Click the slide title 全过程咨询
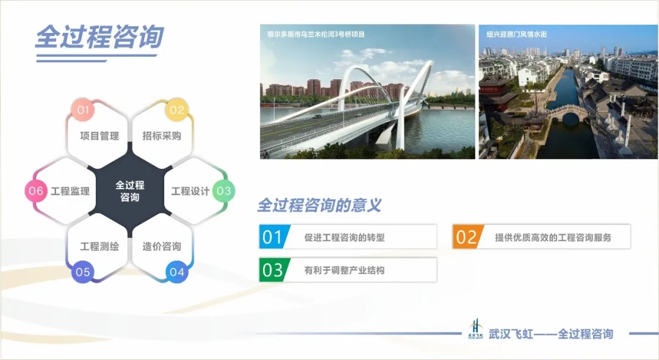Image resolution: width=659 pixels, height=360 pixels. (99, 37)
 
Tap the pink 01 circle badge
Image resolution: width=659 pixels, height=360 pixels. (83, 110)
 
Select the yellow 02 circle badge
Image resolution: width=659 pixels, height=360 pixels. (176, 110)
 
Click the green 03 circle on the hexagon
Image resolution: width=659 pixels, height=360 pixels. (223, 191)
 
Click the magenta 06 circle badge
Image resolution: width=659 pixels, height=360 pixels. (36, 191)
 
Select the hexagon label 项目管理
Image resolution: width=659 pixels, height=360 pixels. (99, 135)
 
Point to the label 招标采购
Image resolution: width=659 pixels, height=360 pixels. (162, 135)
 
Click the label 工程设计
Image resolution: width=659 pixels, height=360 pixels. (190, 191)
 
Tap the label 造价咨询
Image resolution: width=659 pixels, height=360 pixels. (162, 246)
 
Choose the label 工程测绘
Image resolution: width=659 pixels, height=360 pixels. (99, 246)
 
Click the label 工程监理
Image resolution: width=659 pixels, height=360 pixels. (70, 191)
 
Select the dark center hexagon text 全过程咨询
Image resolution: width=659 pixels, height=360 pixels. (130, 191)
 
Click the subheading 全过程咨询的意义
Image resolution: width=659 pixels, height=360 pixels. (319, 205)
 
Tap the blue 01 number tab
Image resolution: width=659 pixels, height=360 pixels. (274, 237)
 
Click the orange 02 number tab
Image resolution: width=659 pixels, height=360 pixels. (467, 237)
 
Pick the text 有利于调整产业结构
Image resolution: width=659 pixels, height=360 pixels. (344, 270)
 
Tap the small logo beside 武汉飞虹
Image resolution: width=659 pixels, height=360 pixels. (475, 328)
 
